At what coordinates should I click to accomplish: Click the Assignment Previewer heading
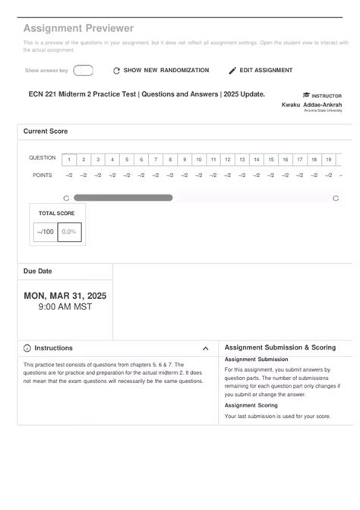coord(78,28)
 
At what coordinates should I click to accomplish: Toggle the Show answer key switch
coord(83,71)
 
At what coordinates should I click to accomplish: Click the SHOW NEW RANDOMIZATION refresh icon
coord(116,71)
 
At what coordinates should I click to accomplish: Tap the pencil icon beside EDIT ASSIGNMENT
coord(232,71)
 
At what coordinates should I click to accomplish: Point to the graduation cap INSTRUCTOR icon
coord(306,96)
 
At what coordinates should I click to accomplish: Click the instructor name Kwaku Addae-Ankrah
coord(311,104)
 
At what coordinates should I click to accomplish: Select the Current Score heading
coord(46,131)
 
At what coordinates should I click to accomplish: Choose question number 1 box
coord(69,160)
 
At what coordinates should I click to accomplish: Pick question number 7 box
coord(156,160)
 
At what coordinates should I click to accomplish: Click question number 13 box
coord(242,160)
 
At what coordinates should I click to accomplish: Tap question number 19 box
coord(328,160)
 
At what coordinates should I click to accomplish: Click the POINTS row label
coord(43,175)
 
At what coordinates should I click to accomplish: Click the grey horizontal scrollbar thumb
coord(123,198)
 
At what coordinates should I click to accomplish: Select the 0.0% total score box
coord(69,232)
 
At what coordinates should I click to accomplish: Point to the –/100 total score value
coord(45,232)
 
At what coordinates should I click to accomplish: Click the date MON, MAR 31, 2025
coord(65,296)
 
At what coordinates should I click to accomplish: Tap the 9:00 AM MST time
coord(65,308)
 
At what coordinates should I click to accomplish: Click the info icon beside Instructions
coord(27,348)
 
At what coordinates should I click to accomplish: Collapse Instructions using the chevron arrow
coord(206,348)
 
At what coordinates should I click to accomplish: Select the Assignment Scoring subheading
coord(251,405)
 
